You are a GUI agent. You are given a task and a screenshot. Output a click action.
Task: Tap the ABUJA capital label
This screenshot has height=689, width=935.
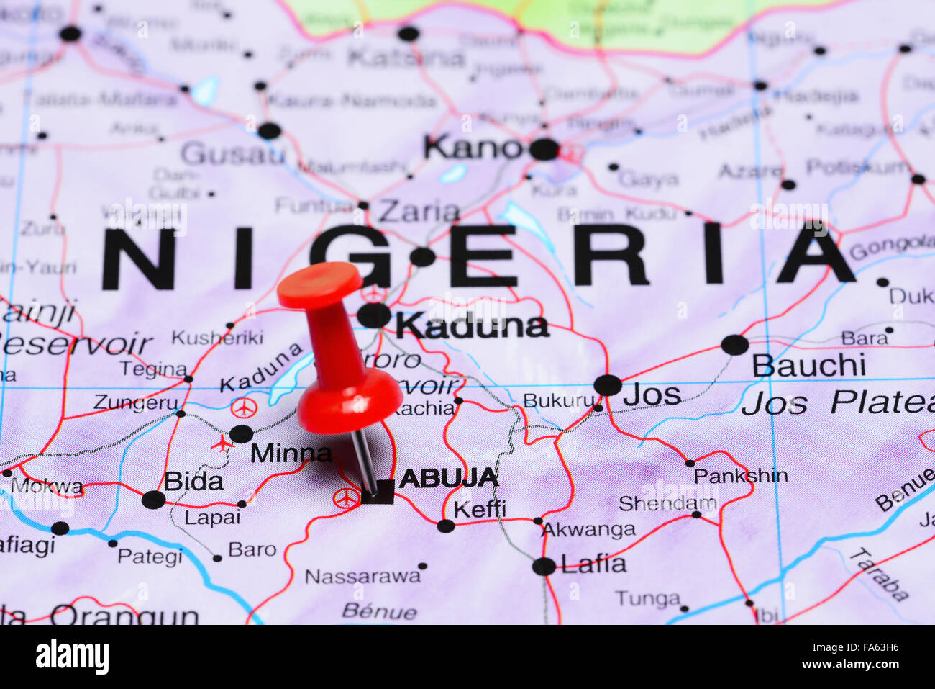pos(449,477)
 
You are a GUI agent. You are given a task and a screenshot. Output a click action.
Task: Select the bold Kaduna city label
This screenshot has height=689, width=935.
pos(472,326)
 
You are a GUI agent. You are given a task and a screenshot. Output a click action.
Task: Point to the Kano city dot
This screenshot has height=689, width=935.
pos(544,149)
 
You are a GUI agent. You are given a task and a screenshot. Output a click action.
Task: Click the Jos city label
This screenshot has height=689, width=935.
pos(652,395)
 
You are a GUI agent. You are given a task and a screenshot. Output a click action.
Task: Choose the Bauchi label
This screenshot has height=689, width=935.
pos(808,366)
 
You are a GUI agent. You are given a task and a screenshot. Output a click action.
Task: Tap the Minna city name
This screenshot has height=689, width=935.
pos(291,453)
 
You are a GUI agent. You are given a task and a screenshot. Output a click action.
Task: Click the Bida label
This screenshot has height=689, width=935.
pos(193,481)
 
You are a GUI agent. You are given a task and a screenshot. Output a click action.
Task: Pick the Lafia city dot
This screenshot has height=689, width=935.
pos(544,566)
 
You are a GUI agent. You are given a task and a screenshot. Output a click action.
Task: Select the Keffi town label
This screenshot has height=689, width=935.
pos(480,509)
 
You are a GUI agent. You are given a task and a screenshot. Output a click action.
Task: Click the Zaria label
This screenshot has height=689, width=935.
pos(419,212)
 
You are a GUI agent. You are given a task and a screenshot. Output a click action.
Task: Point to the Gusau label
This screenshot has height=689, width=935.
pos(232,153)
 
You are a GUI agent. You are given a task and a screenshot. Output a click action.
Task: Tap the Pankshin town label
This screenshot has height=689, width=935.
pos(741,476)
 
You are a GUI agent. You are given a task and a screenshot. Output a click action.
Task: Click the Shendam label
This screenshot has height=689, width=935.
pos(668,503)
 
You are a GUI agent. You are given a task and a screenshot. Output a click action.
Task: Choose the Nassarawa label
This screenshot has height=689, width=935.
pos(362,576)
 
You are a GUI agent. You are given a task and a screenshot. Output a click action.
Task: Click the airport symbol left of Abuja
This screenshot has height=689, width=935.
pos(346,497)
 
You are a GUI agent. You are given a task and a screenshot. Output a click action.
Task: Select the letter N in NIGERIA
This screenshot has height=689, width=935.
pos(139,258)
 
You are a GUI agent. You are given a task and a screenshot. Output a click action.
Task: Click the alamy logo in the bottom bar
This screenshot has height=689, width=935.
pos(72,657)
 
